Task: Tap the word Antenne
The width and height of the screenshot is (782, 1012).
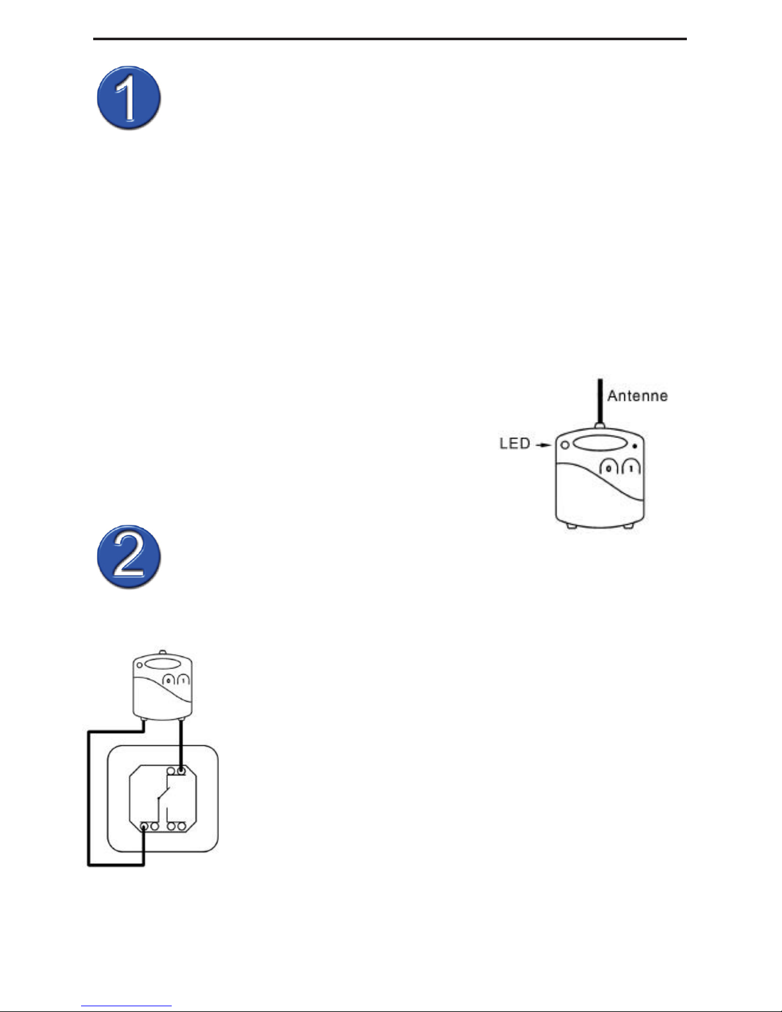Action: coord(637,396)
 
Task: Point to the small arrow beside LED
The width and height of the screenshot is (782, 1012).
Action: coord(543,444)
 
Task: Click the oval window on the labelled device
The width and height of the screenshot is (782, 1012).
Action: coord(599,443)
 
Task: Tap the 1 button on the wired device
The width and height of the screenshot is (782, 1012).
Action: coord(184,682)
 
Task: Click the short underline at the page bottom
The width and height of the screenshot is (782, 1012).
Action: coord(127,1006)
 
